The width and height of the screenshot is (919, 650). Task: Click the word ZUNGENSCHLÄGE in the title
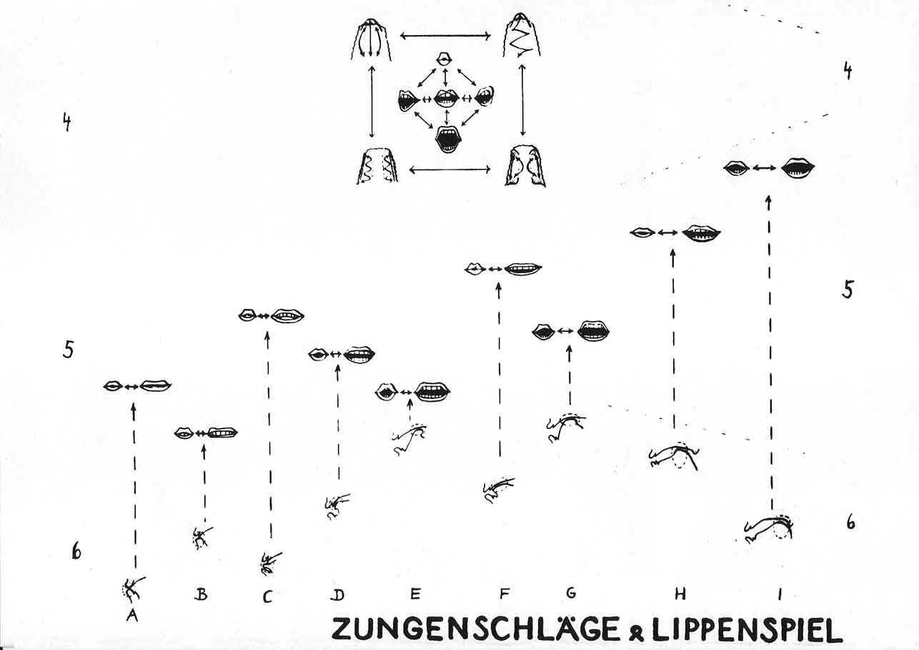click(x=475, y=629)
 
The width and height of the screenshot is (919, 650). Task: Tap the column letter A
click(x=131, y=616)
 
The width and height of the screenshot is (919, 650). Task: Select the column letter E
click(x=414, y=594)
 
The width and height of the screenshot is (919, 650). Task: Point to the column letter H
click(x=680, y=594)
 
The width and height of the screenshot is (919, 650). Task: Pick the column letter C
click(x=267, y=596)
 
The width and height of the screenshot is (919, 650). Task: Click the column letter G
click(x=570, y=593)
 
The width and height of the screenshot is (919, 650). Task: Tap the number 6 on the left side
click(x=76, y=551)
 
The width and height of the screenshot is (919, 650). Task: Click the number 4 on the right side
click(x=848, y=71)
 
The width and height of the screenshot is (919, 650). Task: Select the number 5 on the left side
click(x=68, y=350)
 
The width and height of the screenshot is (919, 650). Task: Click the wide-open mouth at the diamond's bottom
click(x=447, y=139)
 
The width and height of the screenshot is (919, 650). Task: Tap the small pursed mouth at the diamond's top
click(x=444, y=59)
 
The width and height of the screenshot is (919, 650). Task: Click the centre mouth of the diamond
click(x=445, y=99)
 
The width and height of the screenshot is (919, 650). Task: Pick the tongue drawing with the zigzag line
click(x=522, y=36)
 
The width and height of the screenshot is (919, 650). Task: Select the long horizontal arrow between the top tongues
click(x=445, y=36)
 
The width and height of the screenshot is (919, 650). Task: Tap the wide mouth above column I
click(x=798, y=168)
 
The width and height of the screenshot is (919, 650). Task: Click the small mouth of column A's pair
click(x=113, y=386)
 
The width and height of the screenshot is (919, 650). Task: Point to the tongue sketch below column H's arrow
click(x=675, y=457)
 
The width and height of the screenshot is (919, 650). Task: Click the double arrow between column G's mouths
click(x=566, y=331)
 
